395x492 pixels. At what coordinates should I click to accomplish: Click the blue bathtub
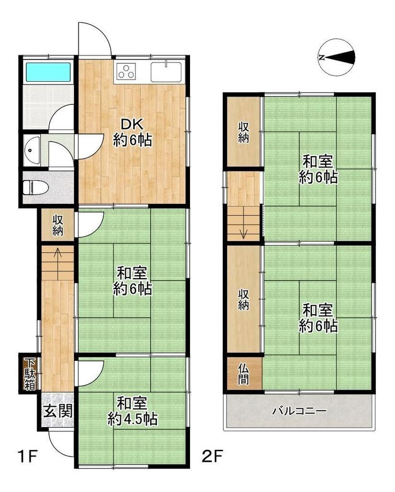point(48,73)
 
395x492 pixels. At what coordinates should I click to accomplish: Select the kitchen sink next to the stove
point(166,72)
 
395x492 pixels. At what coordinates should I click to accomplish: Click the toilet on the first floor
point(36,188)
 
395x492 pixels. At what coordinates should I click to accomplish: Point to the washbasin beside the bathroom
point(32,151)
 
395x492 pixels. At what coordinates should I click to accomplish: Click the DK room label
point(132,124)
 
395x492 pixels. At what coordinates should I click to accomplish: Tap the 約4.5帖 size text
point(132,419)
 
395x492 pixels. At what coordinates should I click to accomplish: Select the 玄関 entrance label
point(58,411)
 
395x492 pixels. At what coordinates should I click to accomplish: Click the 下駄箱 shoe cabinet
point(30,374)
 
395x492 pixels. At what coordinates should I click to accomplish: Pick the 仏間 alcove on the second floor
point(243,374)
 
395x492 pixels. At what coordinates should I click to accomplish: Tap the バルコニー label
point(299,411)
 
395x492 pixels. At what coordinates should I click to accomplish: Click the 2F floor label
point(212,456)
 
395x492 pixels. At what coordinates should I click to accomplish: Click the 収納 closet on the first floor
point(58,225)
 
